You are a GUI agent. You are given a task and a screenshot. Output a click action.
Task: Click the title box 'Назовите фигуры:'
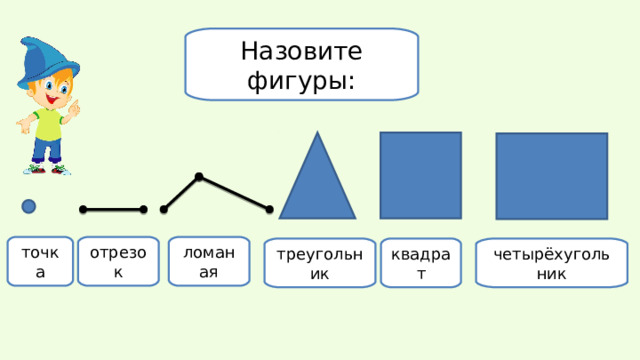coord(301,64)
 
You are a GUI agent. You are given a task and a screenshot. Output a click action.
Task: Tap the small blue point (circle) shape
coord(29,206)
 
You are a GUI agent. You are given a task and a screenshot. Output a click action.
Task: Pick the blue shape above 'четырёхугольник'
coord(551,175)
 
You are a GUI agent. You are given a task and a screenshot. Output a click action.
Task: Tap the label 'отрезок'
coord(118,260)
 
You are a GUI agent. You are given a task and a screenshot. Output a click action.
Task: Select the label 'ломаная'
coord(208,260)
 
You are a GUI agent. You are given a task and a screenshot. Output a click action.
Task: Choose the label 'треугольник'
coord(319,263)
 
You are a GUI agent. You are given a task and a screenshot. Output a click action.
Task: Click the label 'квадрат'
coord(423,263)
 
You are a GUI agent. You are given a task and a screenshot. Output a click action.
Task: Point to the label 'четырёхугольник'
coord(551,263)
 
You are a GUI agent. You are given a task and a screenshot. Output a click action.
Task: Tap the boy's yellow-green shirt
coord(47,124)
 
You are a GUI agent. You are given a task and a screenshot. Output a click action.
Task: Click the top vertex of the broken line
coord(199,178)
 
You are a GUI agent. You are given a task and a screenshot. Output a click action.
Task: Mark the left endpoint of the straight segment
coord(83,210)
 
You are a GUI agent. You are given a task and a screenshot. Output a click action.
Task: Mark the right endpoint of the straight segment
coord(144,210)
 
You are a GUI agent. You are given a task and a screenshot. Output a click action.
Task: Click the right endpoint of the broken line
coord(270,209)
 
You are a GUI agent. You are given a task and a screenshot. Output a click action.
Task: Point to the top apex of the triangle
coord(318,135)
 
